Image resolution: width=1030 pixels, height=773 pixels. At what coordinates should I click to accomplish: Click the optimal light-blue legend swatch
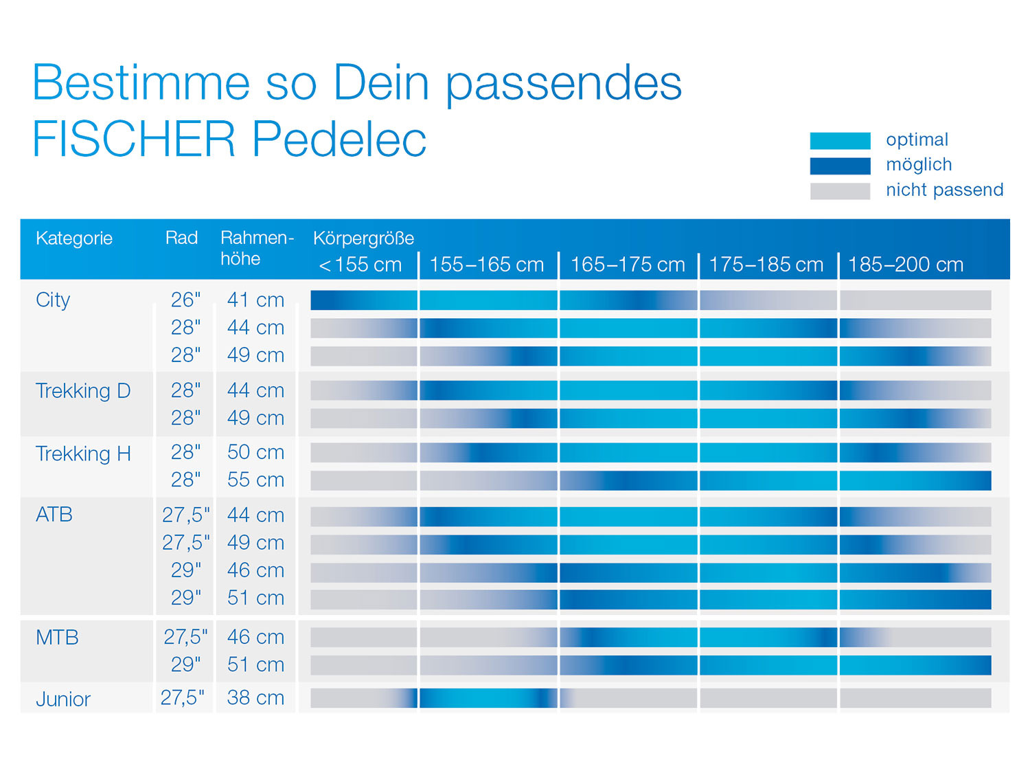[840, 141]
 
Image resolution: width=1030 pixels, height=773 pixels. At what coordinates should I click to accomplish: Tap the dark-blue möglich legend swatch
[840, 166]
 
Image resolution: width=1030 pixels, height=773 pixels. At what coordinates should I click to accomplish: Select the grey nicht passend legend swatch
[840, 191]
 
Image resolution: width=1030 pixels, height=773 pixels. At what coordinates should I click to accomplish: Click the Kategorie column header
[74, 238]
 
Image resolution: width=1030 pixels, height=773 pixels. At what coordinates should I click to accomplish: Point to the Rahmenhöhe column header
[256, 248]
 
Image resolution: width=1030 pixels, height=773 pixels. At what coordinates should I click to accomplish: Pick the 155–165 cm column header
[486, 265]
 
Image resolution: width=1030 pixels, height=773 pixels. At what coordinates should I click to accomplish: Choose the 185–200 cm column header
[905, 265]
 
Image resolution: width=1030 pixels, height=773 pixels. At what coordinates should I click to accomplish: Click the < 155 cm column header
[360, 265]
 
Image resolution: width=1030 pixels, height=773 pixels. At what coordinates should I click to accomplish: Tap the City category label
[53, 300]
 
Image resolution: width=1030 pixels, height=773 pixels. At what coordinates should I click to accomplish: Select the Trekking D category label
[82, 390]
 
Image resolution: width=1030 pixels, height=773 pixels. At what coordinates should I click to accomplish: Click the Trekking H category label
[82, 453]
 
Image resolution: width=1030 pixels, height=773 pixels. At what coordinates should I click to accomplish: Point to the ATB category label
[54, 515]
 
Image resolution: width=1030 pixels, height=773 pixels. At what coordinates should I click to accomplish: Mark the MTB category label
[57, 638]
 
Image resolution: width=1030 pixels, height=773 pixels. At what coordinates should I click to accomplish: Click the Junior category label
[63, 699]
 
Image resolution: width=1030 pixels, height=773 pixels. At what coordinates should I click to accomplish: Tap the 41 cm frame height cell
[255, 300]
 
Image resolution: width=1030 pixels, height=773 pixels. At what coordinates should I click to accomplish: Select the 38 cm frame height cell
[255, 697]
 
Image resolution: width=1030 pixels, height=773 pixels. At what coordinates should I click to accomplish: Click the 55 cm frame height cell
[255, 480]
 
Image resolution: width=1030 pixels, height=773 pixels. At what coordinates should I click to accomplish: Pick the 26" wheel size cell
[185, 300]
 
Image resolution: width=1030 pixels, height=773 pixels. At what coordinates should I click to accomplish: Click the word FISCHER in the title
[133, 139]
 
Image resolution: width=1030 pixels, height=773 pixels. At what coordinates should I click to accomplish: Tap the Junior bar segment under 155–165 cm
[488, 698]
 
